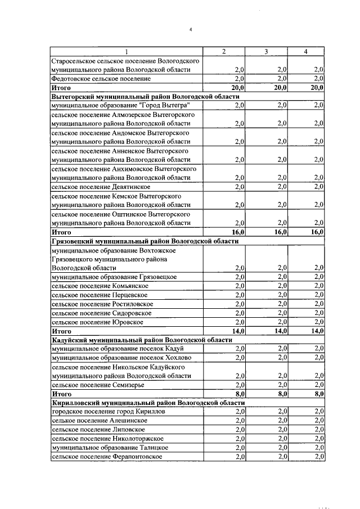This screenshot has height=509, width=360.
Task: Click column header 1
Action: pos(125,52)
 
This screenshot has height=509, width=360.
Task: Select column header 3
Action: pos(267,52)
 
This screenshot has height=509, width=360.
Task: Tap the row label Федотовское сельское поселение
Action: pos(101,79)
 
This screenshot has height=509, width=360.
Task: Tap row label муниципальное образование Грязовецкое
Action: pos(114,277)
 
